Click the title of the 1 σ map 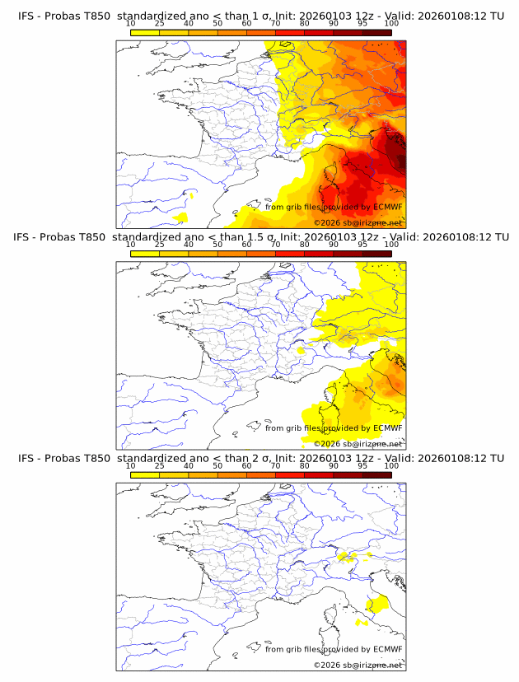point(259,16)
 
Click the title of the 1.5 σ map point(259,237)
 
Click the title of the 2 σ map point(259,458)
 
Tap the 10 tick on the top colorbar point(130,24)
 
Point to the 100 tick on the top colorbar point(391,24)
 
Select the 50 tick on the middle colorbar point(217,245)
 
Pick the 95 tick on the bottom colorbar point(362,465)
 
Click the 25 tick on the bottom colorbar point(159,465)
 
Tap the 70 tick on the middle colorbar point(275,245)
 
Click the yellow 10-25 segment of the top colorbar point(145,32)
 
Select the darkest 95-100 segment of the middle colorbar point(377,253)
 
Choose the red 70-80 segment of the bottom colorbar point(290,474)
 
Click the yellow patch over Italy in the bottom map point(378,605)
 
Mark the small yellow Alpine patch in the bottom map point(347,557)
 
